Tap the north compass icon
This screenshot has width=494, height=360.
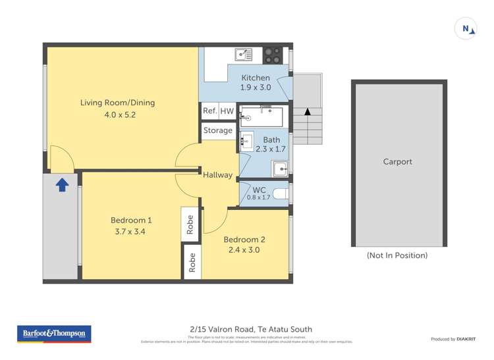[x=466, y=29]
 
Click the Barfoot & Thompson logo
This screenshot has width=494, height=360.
[x=54, y=334]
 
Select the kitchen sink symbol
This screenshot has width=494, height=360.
[x=242, y=55]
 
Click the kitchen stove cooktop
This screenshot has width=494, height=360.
[x=273, y=55]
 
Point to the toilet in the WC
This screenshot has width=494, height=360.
[x=279, y=193]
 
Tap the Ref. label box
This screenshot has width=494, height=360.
[x=209, y=111]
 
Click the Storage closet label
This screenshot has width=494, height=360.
[x=217, y=130]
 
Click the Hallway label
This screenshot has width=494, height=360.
[x=217, y=175]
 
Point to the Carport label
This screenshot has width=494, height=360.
[x=397, y=161]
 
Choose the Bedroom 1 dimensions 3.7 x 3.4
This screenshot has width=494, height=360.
[x=131, y=232]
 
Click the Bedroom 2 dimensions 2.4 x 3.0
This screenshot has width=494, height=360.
[x=243, y=250]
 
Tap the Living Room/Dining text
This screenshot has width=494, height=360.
[x=117, y=103]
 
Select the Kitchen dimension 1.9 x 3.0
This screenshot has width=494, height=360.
[x=256, y=88]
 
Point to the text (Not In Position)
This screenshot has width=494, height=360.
[x=397, y=255]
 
